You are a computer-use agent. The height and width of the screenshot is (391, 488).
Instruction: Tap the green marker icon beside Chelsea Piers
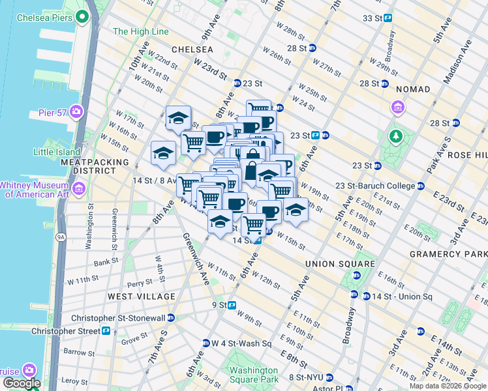[82, 16]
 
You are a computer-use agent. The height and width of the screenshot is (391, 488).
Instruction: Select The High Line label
[140, 31]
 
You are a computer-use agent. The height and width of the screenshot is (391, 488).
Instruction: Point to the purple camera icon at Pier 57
[76, 112]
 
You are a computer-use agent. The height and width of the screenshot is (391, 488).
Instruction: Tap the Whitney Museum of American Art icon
[79, 189]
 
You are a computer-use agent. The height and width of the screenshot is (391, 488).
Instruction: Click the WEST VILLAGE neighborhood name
[142, 297]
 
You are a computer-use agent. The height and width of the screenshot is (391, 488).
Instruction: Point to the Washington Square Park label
[253, 375]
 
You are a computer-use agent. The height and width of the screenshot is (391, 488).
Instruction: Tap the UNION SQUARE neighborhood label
[340, 264]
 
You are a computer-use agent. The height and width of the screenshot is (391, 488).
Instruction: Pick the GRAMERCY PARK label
[448, 253]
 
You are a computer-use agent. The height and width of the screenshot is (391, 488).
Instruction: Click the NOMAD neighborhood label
[412, 89]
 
